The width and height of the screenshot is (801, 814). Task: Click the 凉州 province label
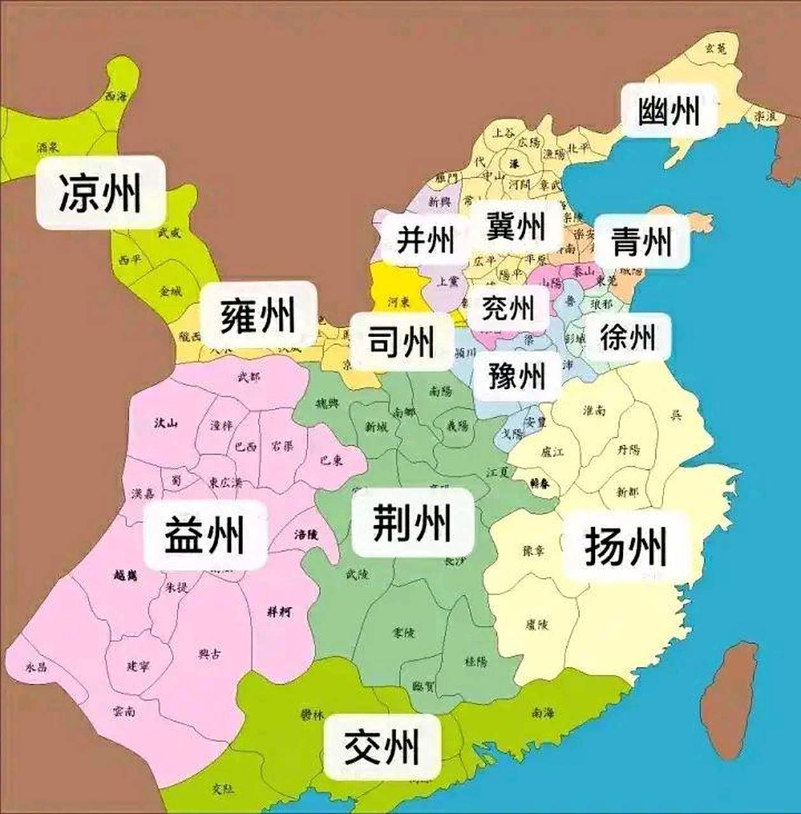(101, 192)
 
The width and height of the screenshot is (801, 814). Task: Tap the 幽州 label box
(669, 111)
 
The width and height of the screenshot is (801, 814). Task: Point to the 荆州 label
(412, 522)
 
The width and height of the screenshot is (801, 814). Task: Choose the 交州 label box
(382, 747)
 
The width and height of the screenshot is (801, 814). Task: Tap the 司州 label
(401, 341)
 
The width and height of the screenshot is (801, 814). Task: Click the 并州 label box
(426, 240)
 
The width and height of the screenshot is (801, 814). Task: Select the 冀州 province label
(516, 225)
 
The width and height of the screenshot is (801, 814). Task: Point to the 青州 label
(641, 241)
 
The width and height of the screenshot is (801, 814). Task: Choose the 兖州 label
(507, 308)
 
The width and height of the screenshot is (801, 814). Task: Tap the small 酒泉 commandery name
(48, 148)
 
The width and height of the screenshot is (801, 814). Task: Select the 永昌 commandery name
(36, 667)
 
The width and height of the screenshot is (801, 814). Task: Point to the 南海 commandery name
(543, 714)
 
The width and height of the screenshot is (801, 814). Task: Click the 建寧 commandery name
(138, 666)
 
